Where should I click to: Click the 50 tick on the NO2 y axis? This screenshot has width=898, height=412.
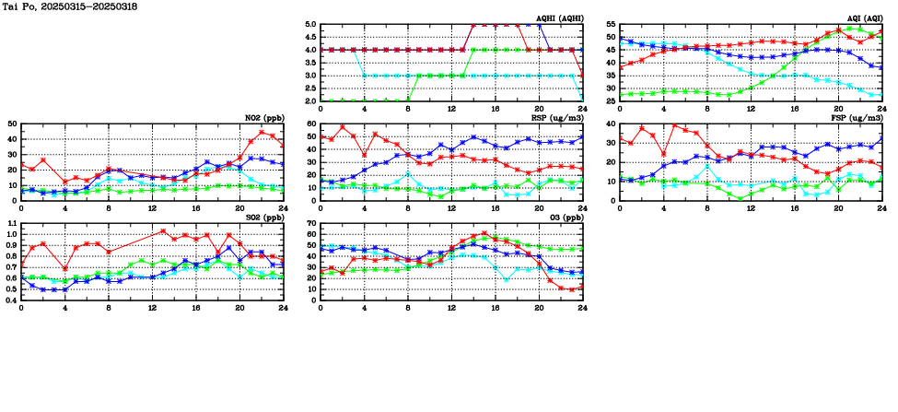point(11,124)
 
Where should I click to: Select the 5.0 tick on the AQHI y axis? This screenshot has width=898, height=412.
point(309,25)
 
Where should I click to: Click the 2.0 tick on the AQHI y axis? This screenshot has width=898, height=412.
point(309,100)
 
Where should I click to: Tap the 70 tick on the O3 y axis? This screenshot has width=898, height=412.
point(309,223)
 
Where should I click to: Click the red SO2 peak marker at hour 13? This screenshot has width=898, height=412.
point(163,231)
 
